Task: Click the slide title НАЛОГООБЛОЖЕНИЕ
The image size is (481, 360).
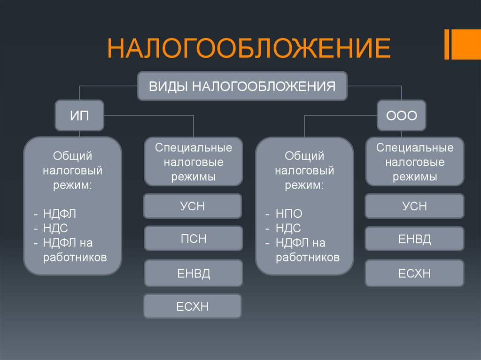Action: point(249,48)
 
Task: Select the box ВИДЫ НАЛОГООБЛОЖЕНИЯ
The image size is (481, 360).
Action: point(242,86)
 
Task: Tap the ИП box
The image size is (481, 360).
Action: point(79,115)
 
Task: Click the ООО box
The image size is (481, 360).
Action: point(401,115)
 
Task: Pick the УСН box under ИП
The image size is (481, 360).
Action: point(193,206)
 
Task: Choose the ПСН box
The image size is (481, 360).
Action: point(194,238)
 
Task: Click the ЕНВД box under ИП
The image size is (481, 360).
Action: point(194,273)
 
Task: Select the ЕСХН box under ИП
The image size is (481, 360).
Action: point(193,306)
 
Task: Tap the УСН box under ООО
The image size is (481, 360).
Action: point(414,206)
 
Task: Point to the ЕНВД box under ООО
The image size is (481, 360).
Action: point(414,239)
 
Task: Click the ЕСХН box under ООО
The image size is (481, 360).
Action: point(414,273)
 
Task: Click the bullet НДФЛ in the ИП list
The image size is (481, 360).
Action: point(59,214)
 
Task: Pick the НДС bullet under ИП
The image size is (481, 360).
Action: point(55,229)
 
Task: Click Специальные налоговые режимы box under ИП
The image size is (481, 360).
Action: point(194,162)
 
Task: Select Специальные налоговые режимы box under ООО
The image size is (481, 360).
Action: point(414,162)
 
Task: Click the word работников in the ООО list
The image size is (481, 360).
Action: point(307,257)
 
